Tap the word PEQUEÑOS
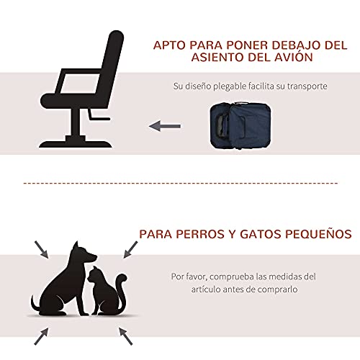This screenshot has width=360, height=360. (318, 234)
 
